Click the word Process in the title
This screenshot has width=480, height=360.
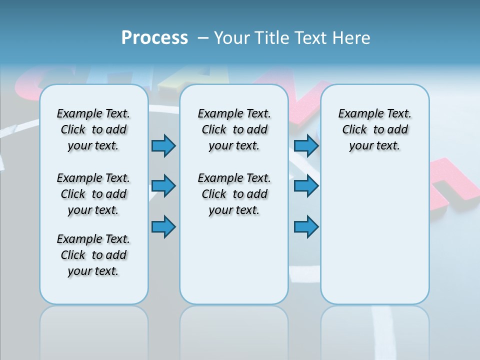[154, 38]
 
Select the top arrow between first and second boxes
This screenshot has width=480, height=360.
[163, 146]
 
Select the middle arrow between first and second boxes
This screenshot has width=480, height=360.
[163, 186]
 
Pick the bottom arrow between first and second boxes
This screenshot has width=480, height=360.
[163, 227]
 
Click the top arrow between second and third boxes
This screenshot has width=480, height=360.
[306, 146]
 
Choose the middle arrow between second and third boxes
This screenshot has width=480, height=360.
[306, 186]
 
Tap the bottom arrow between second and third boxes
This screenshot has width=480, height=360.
[306, 227]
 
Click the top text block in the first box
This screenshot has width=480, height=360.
[93, 129]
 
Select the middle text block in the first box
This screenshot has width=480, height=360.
[93, 194]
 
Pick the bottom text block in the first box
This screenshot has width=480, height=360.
[93, 255]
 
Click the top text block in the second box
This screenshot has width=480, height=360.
[234, 129]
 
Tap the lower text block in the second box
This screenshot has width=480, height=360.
[234, 194]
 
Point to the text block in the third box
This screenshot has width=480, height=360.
[375, 129]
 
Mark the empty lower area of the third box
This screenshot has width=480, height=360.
[375, 230]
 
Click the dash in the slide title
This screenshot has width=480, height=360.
[203, 38]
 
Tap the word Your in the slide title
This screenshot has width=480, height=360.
[232, 38]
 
